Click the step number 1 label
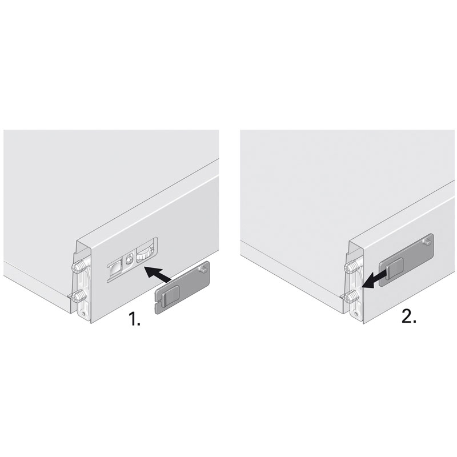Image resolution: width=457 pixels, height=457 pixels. [x=134, y=319]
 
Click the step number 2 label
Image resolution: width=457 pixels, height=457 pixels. [x=409, y=315]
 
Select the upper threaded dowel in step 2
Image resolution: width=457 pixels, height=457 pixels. [x=351, y=266]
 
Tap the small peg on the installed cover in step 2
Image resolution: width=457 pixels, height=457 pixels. [x=426, y=242]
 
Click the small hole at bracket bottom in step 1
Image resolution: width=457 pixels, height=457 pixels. [x=84, y=314]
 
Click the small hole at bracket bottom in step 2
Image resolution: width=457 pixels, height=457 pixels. [x=356, y=314]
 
